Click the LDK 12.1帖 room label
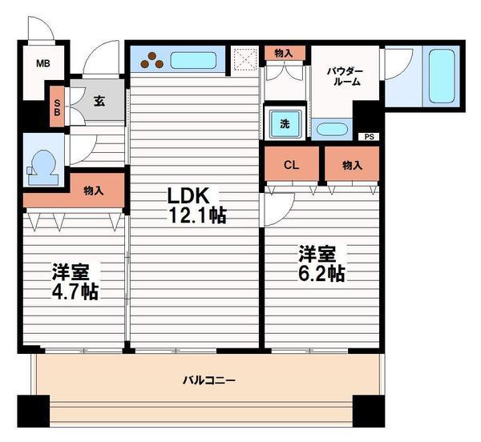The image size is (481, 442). pyautogui.click(x=196, y=205)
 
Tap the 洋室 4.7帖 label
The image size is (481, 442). pyautogui.click(x=76, y=281)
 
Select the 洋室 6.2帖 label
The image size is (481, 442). pyautogui.click(x=321, y=263)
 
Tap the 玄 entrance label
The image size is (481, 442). pyautogui.click(x=99, y=101)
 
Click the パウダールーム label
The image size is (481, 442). pyautogui.click(x=344, y=76)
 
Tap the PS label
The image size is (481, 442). pyautogui.click(x=369, y=137)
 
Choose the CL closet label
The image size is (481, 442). pyautogui.click(x=292, y=165)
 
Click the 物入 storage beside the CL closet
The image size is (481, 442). pyautogui.click(x=351, y=165)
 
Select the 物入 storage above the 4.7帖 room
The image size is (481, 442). pyautogui.click(x=94, y=190)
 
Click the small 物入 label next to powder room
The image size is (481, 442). pyautogui.click(x=284, y=54)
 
